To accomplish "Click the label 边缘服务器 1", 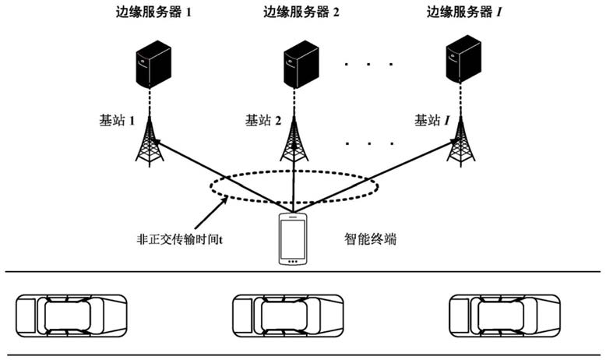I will pos(154,13).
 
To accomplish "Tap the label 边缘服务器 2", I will pos(301,13).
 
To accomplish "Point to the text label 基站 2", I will pos(262,121).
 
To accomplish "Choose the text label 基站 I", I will pos(432,121).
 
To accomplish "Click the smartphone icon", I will pos(294,238).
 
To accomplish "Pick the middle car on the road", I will pos(289,315).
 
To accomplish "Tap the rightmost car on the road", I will pos(505,315).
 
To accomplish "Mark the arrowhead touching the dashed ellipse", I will pos(225,199).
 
